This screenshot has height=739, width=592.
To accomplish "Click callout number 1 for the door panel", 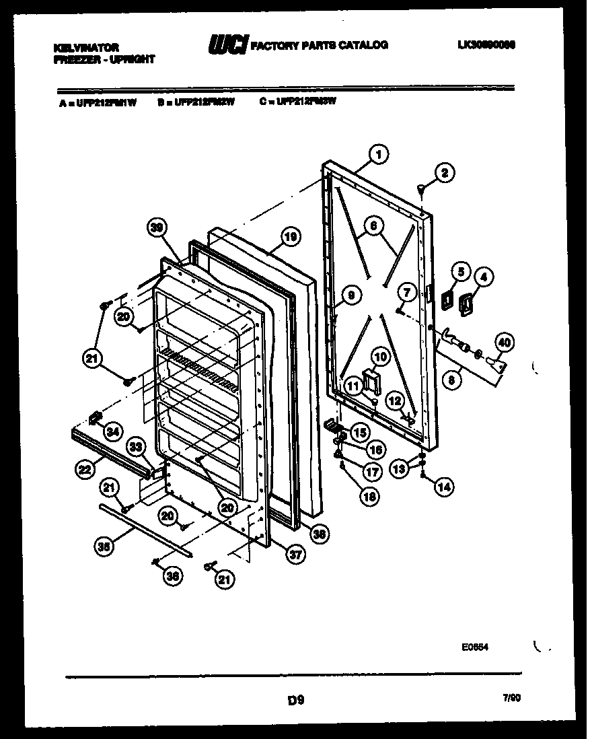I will point(378,155).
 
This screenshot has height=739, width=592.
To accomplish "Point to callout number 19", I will point(290,237).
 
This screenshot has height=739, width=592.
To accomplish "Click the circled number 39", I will point(157,230).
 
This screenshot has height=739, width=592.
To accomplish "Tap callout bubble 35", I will point(103,547).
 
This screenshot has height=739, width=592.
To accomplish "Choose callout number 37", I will point(294,554).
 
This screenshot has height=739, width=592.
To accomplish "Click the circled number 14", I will point(443,486).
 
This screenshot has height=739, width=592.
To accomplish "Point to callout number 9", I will point(350,293).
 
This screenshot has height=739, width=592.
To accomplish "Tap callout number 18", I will point(369,496).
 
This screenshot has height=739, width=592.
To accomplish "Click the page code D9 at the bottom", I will point(296,701).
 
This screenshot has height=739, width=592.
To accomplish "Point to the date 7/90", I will point(511,699).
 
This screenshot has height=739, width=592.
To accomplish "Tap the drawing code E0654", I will point(474,647).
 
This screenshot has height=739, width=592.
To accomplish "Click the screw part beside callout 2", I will point(422,190).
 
